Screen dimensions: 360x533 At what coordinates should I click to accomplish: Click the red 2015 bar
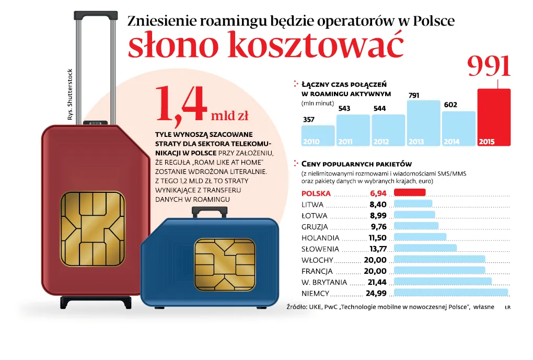494,117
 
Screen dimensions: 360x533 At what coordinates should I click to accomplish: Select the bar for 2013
424,123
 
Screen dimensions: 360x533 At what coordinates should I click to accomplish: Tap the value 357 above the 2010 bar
309,120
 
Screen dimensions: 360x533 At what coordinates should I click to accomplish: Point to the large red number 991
489,66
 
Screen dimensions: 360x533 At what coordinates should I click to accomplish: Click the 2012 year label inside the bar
381,142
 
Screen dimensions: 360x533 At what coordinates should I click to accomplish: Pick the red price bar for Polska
410,193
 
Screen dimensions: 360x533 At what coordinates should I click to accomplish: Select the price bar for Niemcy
450,293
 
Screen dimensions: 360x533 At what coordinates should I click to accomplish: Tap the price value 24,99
376,293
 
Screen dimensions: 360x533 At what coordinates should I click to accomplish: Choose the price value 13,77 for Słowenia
377,249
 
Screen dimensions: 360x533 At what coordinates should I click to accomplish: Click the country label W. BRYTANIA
324,282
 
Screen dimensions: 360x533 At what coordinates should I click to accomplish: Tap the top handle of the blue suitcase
210,212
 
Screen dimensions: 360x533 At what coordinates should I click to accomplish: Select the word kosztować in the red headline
316,47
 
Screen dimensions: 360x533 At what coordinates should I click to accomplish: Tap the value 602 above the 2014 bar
450,105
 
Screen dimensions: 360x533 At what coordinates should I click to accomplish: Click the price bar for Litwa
413,204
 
